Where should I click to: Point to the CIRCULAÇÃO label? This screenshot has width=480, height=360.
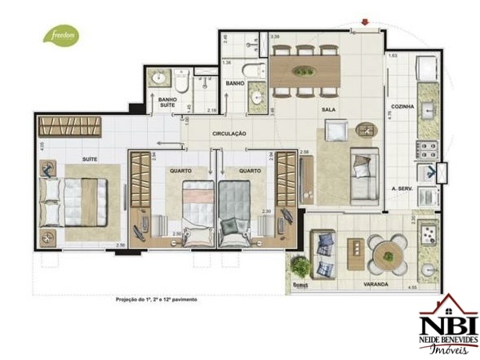coord(230,133)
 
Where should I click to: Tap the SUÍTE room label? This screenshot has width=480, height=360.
coord(90,158)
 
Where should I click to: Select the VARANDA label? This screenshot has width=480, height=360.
coord(376,285)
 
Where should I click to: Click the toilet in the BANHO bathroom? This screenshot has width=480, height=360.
coord(255,69)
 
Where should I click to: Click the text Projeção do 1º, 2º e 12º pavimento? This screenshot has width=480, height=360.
coord(156,300)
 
